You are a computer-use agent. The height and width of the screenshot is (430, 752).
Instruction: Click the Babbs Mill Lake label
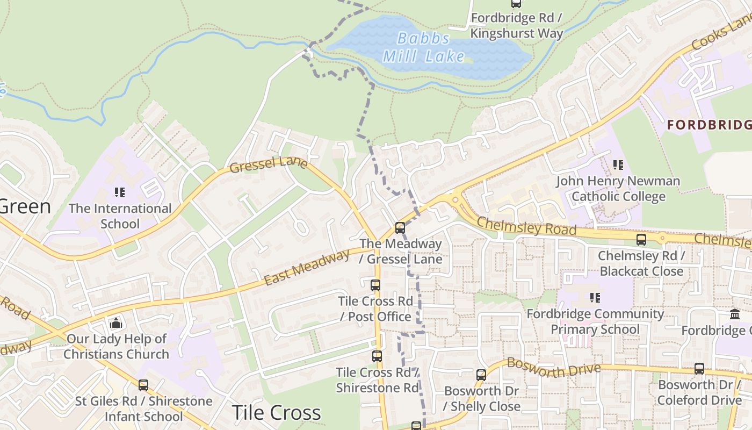(x=424, y=47)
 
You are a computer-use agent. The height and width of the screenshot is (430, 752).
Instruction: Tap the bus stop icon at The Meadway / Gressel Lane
(x=400, y=228)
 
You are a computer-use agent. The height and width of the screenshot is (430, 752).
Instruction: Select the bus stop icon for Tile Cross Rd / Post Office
(x=375, y=285)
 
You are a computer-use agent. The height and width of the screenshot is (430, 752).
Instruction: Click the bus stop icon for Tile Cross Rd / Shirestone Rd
(x=377, y=356)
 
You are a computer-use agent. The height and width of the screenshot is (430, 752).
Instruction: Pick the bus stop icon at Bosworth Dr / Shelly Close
(x=481, y=375)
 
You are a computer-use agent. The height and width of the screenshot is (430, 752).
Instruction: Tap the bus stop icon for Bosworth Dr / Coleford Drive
(x=699, y=369)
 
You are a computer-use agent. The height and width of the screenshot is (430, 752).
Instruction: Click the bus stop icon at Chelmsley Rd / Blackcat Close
(x=641, y=240)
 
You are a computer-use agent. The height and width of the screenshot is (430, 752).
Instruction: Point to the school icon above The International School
(x=120, y=192)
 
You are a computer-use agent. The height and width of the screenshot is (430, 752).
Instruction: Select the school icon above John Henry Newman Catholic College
(x=618, y=165)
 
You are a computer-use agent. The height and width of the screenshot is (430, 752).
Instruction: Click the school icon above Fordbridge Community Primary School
(x=595, y=297)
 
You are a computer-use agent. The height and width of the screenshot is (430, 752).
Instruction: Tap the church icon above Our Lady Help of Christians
(x=115, y=323)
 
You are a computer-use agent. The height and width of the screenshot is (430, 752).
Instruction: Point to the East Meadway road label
(x=307, y=267)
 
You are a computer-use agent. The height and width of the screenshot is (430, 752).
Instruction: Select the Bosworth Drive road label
(x=553, y=367)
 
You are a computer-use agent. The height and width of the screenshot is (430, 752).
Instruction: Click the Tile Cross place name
(x=276, y=413)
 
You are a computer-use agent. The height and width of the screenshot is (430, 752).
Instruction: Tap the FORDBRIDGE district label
(x=709, y=125)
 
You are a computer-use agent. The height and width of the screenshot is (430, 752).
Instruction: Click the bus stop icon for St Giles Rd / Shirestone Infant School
(x=143, y=385)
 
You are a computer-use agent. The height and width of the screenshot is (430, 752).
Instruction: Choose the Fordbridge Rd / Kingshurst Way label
(x=516, y=25)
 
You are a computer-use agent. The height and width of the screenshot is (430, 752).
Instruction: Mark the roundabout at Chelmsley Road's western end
(x=455, y=200)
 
